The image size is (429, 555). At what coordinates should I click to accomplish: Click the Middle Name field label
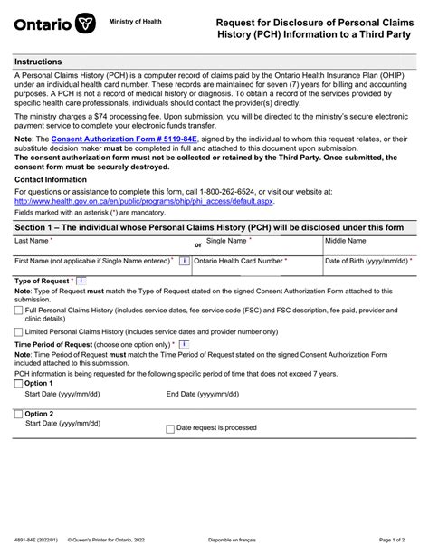pyautogui.click(x=346, y=241)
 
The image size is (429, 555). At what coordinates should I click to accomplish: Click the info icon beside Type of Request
pyautogui.click(x=82, y=282)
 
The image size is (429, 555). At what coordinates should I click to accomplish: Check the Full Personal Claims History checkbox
pyautogui.click(x=19, y=311)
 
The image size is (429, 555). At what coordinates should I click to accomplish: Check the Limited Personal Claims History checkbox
pyautogui.click(x=19, y=331)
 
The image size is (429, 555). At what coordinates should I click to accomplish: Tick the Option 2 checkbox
pyautogui.click(x=19, y=414)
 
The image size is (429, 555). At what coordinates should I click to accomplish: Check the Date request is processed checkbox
pyautogui.click(x=169, y=428)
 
